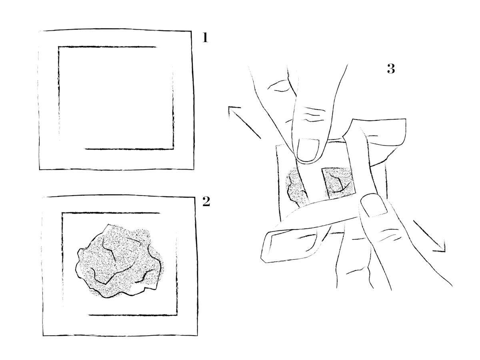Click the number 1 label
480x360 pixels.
205,38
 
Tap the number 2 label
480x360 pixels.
206,202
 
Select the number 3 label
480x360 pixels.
391,69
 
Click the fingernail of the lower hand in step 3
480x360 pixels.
374,205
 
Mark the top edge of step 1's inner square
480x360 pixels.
107,46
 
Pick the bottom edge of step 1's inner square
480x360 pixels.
129,149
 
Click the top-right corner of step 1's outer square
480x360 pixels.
191,31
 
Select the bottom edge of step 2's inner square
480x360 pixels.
133,315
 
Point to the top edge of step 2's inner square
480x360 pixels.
111,213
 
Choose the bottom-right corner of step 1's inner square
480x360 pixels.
174,149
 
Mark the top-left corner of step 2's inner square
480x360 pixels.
62,213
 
